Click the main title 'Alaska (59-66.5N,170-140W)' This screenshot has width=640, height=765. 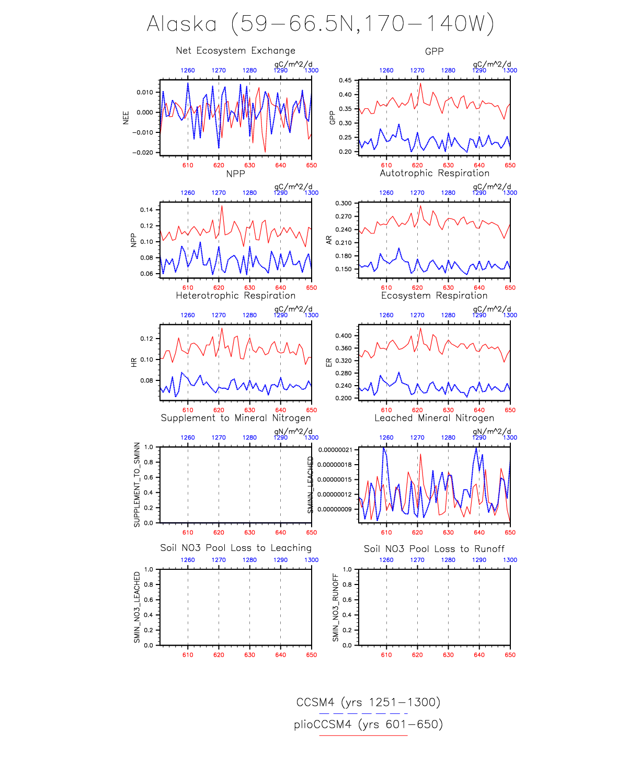320,24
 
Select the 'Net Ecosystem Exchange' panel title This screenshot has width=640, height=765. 235,51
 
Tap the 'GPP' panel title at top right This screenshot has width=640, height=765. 434,51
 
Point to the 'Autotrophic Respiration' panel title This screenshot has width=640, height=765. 434,173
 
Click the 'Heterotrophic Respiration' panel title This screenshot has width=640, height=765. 235,296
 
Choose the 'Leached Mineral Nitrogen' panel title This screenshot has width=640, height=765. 434,418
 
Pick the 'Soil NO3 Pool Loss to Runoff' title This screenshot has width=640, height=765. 434,549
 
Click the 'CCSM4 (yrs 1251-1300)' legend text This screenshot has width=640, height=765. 368,702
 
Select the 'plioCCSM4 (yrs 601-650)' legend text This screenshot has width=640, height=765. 368,724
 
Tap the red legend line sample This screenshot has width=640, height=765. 363,735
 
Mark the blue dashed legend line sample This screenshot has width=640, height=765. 363,713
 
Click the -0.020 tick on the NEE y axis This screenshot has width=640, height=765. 142,153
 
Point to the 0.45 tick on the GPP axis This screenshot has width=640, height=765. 345,81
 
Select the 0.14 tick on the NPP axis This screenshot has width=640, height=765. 146,210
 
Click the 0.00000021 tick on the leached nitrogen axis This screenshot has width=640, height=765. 335,450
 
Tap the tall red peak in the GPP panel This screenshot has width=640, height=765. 420,84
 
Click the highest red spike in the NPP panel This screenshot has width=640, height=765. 222,206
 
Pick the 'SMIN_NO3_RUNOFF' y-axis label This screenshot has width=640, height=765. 336,607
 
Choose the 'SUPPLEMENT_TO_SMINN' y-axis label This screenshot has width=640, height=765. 137,485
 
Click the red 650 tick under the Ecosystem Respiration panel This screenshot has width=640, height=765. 510,410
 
